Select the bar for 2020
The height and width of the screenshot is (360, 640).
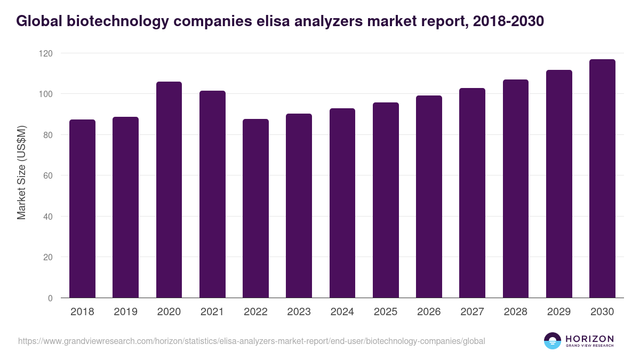pyautogui.click(x=169, y=190)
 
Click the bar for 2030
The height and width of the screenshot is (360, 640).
pyautogui.click(x=602, y=179)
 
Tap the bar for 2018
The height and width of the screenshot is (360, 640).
pyautogui.click(x=82, y=209)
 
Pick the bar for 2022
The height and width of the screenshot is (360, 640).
pyautogui.click(x=255, y=209)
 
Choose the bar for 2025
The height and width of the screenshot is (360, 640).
pyautogui.click(x=386, y=200)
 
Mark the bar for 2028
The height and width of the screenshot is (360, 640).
pyautogui.click(x=515, y=189)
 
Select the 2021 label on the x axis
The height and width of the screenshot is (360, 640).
pyautogui.click(x=212, y=312)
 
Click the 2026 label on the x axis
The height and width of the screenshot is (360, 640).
pyautogui.click(x=429, y=312)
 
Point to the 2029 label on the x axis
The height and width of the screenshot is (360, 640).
pyautogui.click(x=559, y=312)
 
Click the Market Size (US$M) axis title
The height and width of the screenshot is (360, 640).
pyautogui.click(x=21, y=172)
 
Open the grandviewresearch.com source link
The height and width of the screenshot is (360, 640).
pyautogui.click(x=251, y=341)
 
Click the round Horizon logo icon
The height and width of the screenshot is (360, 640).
pyautogui.click(x=552, y=341)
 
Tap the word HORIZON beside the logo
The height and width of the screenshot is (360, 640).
pyautogui.click(x=589, y=338)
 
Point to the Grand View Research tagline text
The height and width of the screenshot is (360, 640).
pyautogui.click(x=589, y=346)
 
